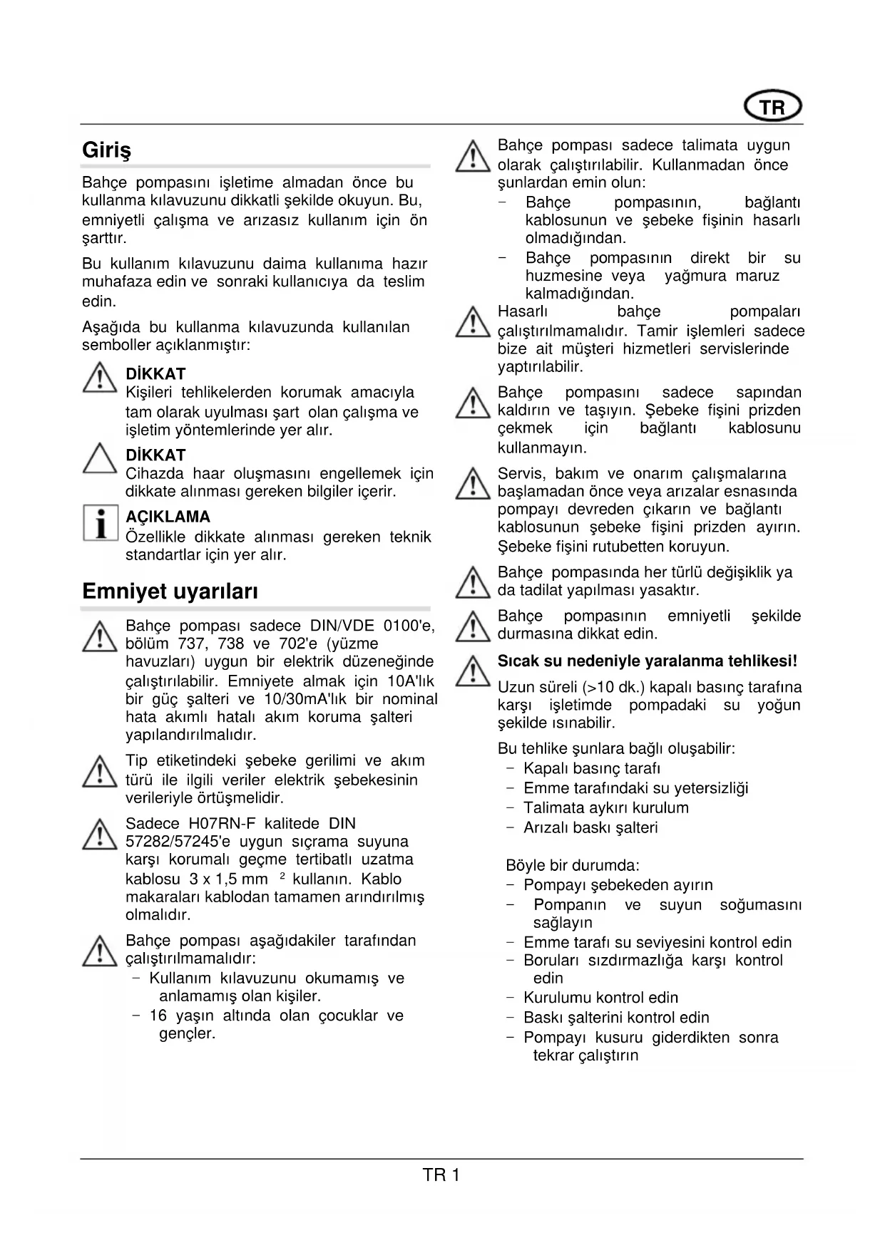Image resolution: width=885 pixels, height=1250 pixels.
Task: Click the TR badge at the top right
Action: [772, 108]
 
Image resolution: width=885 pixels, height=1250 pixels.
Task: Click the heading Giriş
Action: [107, 150]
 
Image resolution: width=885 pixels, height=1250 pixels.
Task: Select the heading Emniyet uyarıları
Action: [170, 591]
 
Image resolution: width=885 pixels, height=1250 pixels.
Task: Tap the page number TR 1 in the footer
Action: [441, 1175]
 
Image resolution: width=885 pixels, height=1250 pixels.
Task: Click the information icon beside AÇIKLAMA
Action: [100, 523]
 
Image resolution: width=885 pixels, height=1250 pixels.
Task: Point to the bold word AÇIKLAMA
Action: [168, 517]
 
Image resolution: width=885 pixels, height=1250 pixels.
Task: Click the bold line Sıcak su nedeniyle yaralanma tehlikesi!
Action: [647, 661]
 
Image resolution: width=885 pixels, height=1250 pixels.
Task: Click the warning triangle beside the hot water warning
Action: [472, 671]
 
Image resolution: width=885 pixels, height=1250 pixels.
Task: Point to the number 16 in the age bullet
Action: [158, 1016]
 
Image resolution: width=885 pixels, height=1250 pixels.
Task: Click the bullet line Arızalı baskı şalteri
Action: [590, 827]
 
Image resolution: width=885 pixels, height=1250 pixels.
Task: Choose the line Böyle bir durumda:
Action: [573, 866]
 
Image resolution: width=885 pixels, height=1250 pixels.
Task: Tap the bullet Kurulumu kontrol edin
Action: [600, 998]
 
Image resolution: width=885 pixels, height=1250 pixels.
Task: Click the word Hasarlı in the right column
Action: [522, 311]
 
